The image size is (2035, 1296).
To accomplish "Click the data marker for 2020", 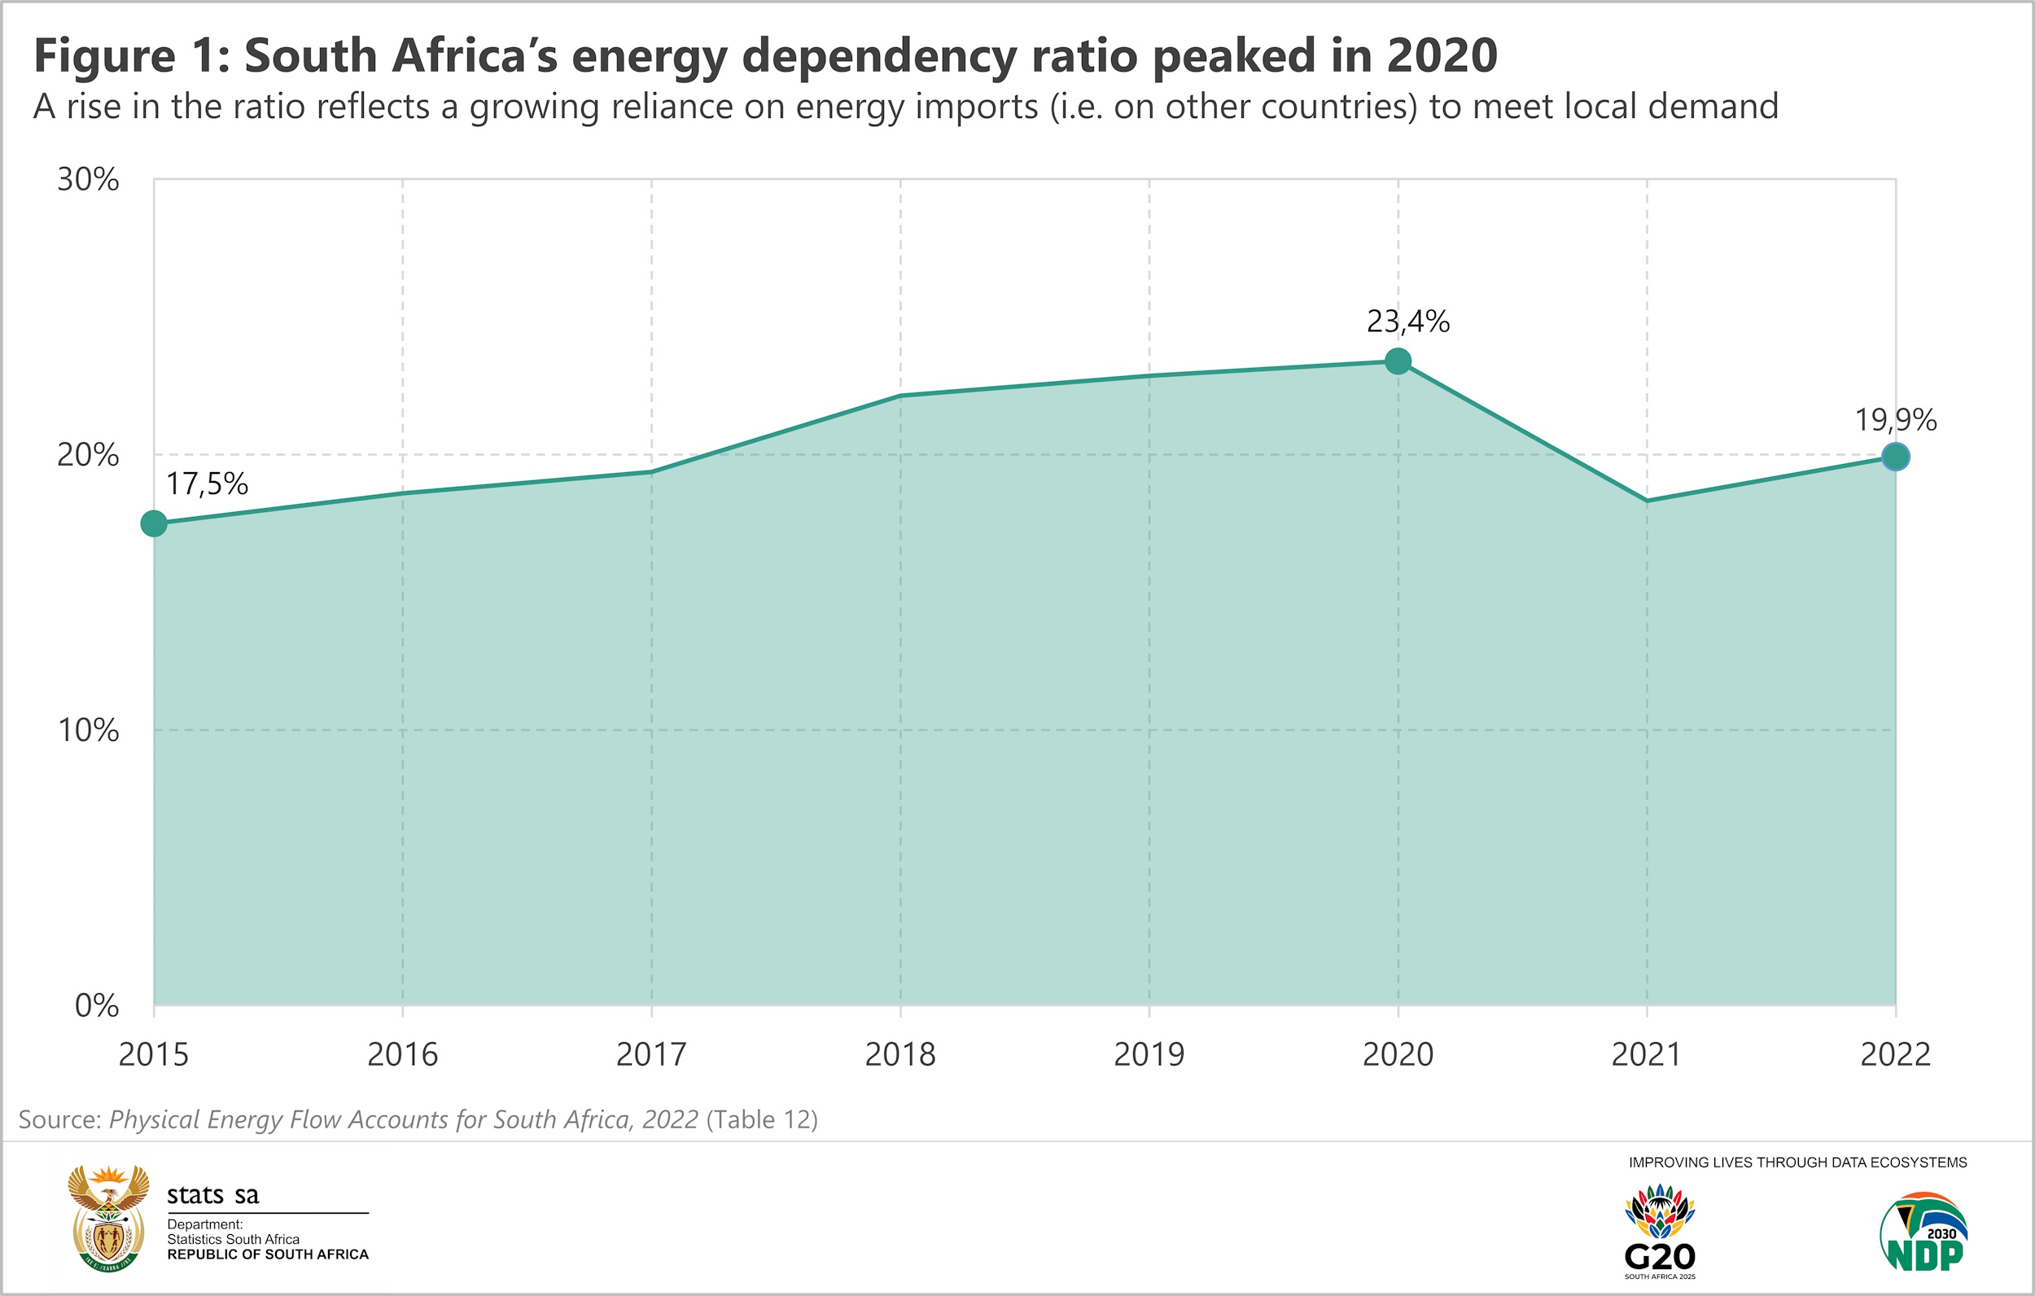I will click(x=1398, y=361).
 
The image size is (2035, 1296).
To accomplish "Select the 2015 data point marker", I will click(x=154, y=524).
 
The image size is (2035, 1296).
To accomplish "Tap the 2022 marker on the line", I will click(x=1896, y=458).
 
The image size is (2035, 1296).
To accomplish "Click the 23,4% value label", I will click(x=1408, y=322).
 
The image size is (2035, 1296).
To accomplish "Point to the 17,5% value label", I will click(x=207, y=484).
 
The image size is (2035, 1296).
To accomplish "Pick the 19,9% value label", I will click(x=1896, y=420).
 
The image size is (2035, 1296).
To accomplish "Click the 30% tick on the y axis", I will click(x=88, y=180).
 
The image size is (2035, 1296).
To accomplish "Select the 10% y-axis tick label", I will click(x=88, y=730).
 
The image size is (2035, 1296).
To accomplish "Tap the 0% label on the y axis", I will click(x=96, y=1006).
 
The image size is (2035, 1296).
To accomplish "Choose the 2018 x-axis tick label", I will click(x=900, y=1055).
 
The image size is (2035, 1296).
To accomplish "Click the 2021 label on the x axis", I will click(x=1646, y=1055).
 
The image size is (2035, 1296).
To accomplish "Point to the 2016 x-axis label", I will click(x=402, y=1055).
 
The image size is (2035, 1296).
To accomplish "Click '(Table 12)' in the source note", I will click(x=762, y=1119).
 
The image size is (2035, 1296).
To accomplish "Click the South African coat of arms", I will click(x=108, y=1218).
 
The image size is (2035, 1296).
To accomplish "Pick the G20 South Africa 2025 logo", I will click(x=1660, y=1233).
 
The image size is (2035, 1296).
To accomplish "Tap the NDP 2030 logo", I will click(x=1924, y=1233).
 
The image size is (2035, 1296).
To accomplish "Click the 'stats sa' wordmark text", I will click(x=212, y=1194).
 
